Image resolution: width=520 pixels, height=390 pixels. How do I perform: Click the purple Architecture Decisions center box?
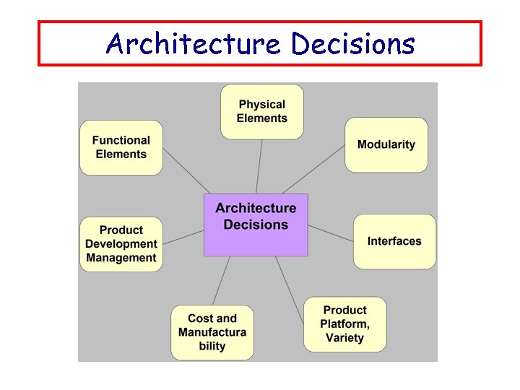point(256,225)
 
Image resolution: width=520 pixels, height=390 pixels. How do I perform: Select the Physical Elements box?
point(261,111)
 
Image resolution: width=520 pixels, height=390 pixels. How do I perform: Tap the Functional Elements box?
point(121,147)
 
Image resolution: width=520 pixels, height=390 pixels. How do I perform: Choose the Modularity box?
point(386,144)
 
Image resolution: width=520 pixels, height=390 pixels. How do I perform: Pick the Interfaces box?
point(394,241)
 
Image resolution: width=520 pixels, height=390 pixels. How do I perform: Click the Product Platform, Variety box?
point(344,324)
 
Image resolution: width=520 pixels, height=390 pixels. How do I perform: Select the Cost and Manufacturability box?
point(212,332)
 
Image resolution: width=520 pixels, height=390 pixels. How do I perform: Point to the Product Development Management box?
point(121,244)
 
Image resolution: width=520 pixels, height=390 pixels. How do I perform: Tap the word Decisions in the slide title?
point(353,44)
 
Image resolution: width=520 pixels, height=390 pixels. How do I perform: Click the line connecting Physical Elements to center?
point(259,166)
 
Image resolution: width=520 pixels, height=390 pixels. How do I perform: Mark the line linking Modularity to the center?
point(314,169)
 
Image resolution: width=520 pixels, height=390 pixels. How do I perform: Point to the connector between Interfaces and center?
point(330,233)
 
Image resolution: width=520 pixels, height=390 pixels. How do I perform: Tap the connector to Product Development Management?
point(183,237)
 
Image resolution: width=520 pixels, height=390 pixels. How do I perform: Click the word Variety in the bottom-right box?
point(344,338)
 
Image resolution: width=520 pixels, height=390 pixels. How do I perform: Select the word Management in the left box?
point(121,258)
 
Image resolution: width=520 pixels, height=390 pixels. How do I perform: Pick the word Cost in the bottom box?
point(201,318)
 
